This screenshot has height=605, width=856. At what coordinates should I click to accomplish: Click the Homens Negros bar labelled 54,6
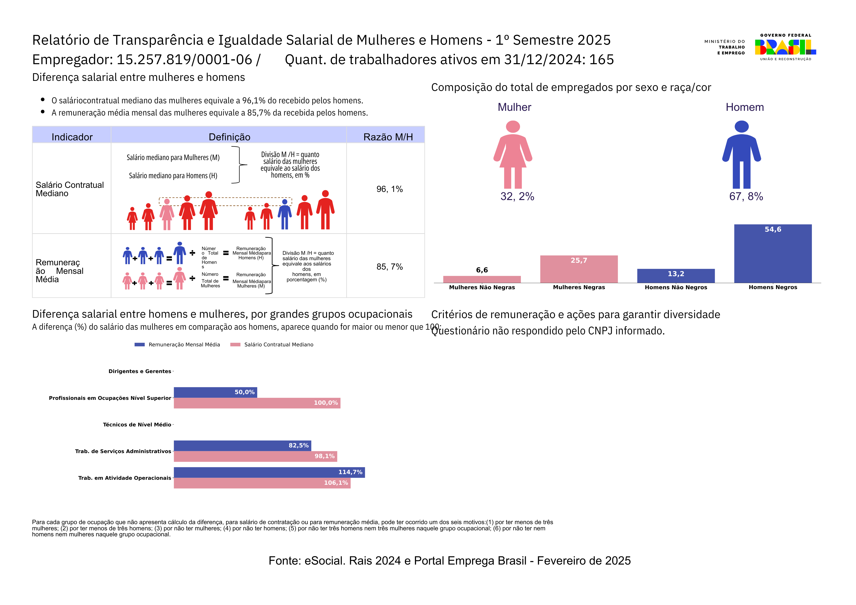coord(773,254)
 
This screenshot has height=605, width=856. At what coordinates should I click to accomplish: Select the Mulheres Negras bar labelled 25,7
coord(579,269)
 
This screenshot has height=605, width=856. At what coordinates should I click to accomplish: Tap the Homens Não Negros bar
coord(676,276)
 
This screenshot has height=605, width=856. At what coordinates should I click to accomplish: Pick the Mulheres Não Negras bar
coord(482,279)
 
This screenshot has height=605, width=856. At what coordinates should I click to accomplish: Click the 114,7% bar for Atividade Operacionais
coord(269,472)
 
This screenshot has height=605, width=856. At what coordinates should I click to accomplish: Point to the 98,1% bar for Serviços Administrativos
coord(255,456)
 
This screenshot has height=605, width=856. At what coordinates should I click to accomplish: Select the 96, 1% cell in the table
coord(389,189)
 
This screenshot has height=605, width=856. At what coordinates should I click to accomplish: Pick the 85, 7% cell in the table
coord(389,267)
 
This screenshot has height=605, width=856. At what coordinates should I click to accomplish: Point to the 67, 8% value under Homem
coord(746,196)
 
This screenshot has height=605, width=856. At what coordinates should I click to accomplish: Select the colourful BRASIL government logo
coord(785,47)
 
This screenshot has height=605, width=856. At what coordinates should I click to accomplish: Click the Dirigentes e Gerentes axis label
coord(140,371)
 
